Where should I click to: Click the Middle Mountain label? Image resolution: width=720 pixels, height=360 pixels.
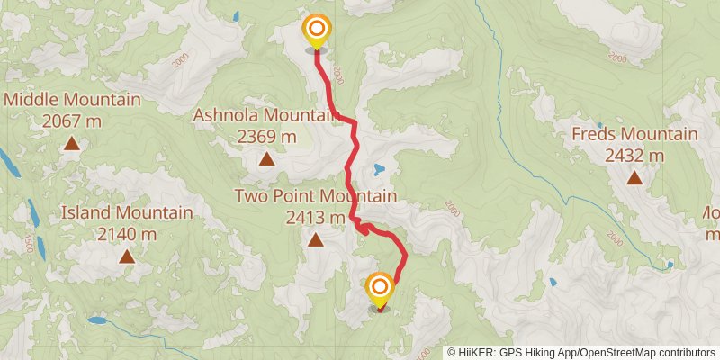click(73, 100)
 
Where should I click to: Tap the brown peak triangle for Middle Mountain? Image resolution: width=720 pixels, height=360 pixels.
click(72, 143)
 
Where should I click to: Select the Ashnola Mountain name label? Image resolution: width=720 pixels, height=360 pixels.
click(266, 115)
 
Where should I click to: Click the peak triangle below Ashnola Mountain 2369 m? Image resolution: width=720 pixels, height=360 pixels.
click(266, 160)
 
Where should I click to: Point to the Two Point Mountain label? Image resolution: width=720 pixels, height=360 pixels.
click(315, 196)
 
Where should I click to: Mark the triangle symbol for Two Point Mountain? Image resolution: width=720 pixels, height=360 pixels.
click(315, 239)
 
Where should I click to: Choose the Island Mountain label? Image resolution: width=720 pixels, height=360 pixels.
click(127, 213)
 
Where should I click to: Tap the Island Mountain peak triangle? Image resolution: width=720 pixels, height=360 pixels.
click(127, 256)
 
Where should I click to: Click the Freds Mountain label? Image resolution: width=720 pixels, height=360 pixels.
click(634, 135)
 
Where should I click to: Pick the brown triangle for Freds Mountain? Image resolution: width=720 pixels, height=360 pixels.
click(634, 177)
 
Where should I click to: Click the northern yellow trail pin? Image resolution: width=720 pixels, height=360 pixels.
click(316, 31)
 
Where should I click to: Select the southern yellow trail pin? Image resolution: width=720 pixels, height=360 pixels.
click(380, 289)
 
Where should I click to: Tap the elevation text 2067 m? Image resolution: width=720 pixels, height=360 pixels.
click(73, 120)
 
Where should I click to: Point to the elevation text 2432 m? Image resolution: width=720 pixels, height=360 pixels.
click(634, 155)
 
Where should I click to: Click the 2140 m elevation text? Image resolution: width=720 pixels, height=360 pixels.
click(127, 233)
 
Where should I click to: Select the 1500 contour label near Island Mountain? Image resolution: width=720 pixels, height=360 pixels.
click(29, 244)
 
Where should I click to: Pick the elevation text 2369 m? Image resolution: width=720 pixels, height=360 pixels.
click(266, 137)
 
